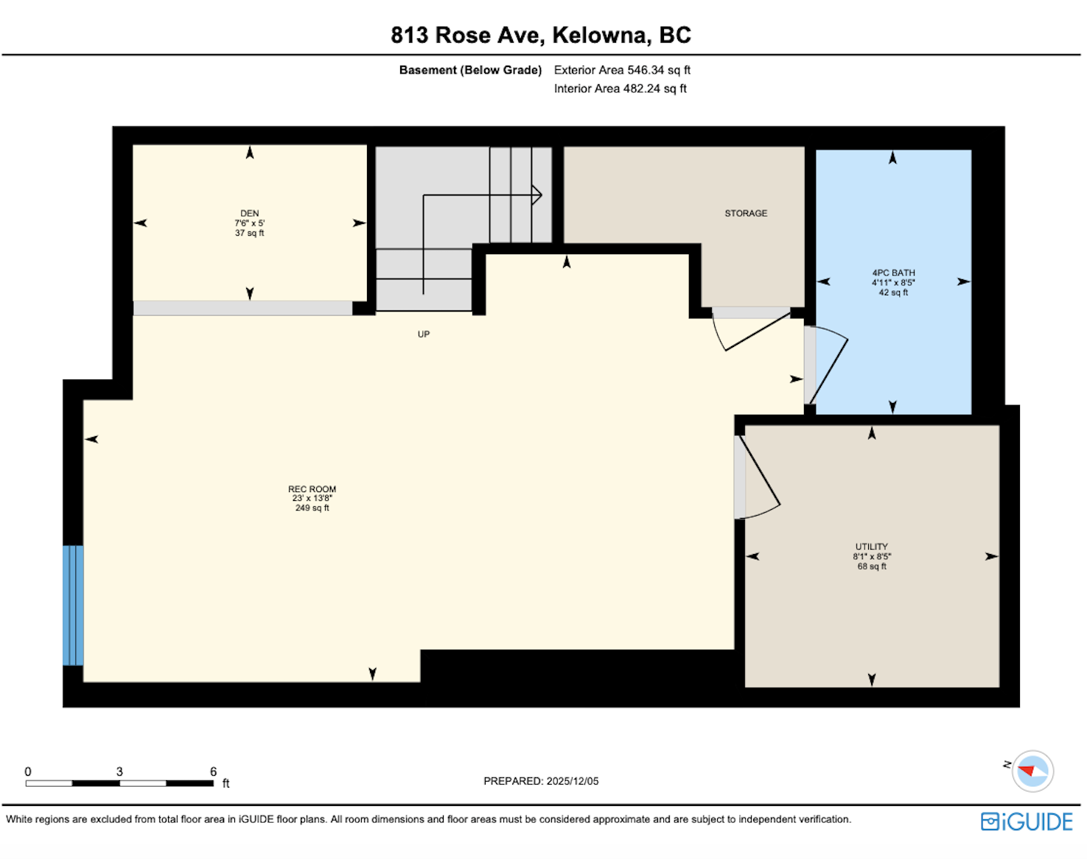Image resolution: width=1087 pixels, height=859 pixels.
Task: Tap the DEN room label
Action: (x=250, y=213)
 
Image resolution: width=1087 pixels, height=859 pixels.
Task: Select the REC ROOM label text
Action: (x=312, y=489)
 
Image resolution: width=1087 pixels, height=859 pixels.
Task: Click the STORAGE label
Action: (x=746, y=213)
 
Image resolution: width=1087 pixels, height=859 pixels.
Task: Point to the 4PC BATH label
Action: (x=893, y=273)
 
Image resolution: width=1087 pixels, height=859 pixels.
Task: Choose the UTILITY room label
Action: (x=871, y=547)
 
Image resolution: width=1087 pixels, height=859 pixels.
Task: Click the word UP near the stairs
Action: (x=423, y=334)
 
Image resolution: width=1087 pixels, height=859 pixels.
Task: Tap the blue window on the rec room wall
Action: (x=73, y=606)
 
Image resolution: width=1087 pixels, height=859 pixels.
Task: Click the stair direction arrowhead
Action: (x=536, y=194)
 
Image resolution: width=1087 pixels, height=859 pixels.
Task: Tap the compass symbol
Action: (x=1032, y=771)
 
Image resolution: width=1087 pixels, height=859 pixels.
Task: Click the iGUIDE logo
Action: (x=1027, y=821)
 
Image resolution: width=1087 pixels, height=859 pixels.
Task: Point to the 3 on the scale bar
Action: (x=119, y=771)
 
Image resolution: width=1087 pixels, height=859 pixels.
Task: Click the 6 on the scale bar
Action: (x=213, y=771)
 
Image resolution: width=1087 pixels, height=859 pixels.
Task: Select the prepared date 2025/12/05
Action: (x=573, y=781)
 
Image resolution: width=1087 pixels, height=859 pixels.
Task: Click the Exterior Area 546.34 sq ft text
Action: (x=622, y=70)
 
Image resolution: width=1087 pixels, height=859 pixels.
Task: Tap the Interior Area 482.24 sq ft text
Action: (x=620, y=89)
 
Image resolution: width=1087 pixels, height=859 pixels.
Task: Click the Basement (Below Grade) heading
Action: (x=470, y=70)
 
